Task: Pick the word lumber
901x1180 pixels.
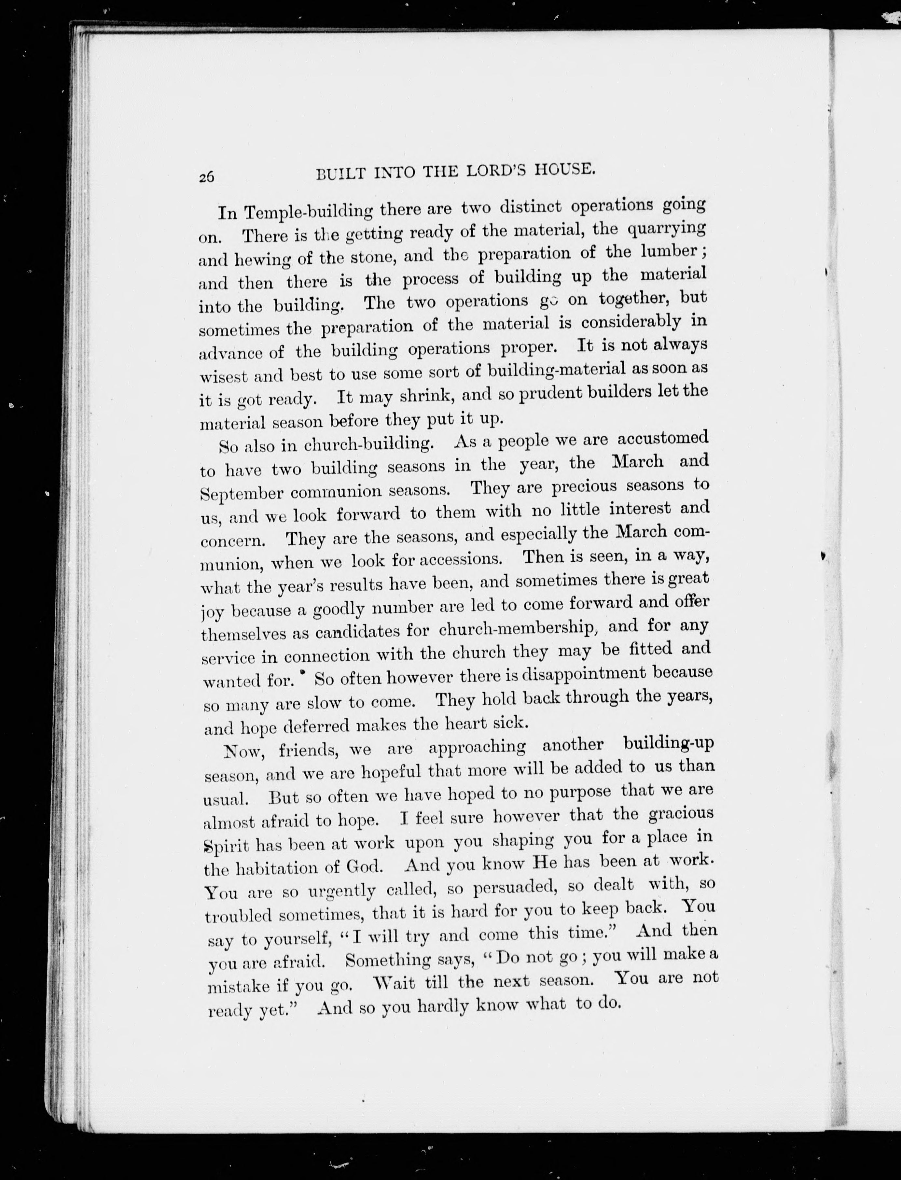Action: [x=669, y=252]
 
